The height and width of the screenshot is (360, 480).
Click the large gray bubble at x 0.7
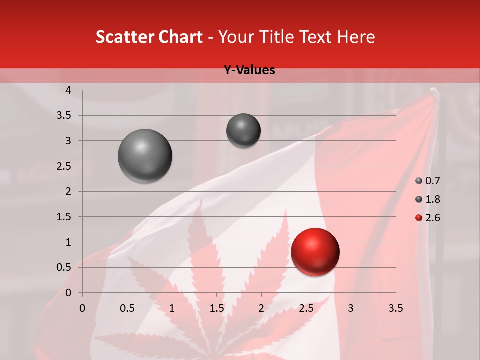pos(145,156)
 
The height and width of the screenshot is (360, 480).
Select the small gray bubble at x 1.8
pos(243,130)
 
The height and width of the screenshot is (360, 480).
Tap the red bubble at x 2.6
pos(315,252)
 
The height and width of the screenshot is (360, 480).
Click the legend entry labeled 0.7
pos(428,181)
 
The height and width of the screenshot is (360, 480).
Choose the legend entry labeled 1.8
pos(428,199)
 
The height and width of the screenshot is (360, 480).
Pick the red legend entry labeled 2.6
pos(428,218)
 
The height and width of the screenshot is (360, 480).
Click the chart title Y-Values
pos(249,70)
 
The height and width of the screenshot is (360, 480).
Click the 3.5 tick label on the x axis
pos(395,308)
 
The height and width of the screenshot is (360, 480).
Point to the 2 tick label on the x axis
pos(261,308)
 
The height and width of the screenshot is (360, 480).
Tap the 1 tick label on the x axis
pos(172,308)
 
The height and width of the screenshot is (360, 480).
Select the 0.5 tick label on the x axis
pos(127,308)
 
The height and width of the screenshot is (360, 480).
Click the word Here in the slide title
pos(356,37)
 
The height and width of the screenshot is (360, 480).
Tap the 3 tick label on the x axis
pos(351,308)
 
